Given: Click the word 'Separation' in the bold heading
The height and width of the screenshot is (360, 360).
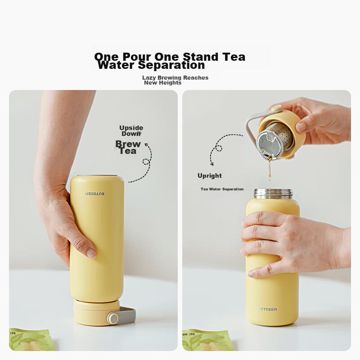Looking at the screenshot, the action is [x=171, y=65].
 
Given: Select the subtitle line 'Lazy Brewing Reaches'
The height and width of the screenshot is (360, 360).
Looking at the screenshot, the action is [x=175, y=77].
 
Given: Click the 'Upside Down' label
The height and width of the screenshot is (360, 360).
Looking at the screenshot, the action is [x=131, y=130].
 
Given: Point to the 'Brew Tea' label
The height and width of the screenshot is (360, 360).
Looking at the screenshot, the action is [x=128, y=148].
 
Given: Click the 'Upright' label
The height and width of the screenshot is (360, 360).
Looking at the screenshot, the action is [x=210, y=175].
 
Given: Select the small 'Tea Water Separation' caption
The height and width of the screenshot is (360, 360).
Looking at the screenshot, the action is [x=222, y=189].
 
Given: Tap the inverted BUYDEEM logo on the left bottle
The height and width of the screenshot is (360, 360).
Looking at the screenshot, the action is [x=95, y=194].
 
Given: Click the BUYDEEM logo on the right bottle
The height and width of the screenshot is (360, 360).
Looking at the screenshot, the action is [x=268, y=309].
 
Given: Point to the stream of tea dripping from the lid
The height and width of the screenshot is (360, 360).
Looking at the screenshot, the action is [x=270, y=170].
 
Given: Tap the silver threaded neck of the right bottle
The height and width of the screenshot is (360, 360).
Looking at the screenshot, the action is [x=273, y=194].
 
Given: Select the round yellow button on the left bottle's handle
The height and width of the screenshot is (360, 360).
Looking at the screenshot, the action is [x=113, y=319].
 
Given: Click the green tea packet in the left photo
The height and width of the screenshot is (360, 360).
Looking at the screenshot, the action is [x=31, y=340].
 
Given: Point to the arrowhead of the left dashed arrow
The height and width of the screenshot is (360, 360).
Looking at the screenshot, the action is [x=146, y=144].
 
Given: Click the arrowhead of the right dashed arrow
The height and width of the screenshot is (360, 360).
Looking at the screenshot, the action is [x=212, y=164].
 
